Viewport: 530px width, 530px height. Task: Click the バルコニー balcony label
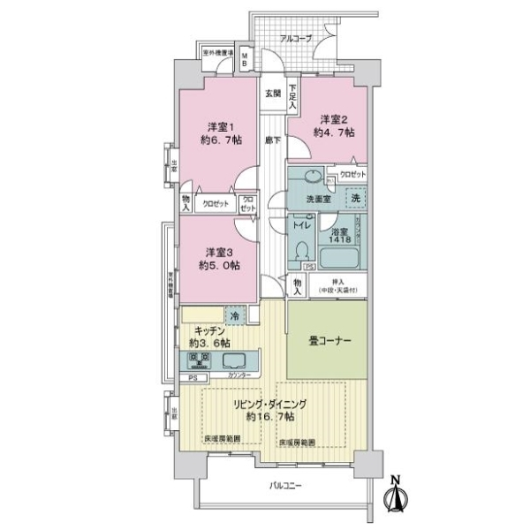pos(284,486)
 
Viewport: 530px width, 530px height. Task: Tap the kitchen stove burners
pos(199,360)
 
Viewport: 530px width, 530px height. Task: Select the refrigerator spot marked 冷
pos(236,314)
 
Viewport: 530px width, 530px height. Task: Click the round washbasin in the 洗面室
pos(313,176)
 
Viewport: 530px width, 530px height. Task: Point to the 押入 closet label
pos(339,283)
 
